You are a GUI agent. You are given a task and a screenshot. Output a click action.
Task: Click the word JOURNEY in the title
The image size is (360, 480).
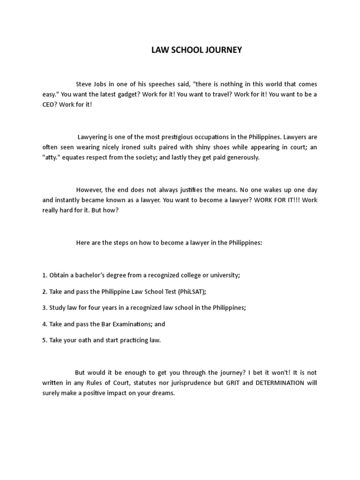pos(223,50)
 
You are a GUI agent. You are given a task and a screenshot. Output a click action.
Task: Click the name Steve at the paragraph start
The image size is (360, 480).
pos(84,84)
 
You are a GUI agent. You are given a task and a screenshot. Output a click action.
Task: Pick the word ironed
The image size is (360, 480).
pos(137,147)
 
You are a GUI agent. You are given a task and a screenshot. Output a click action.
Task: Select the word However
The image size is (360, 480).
pos(89,190)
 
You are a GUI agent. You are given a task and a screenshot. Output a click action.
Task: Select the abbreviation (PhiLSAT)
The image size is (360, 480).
pos(191,291)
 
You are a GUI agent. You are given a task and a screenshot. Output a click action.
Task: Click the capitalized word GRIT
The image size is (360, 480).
pos(235,383)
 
